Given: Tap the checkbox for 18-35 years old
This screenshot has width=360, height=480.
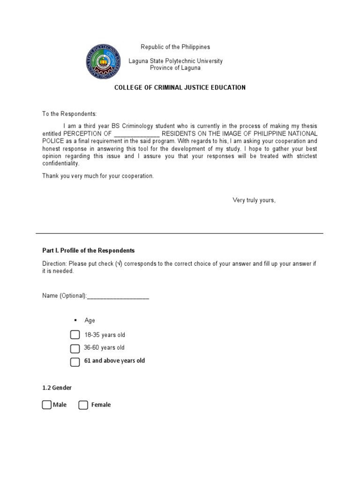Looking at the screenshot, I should [x=75, y=335].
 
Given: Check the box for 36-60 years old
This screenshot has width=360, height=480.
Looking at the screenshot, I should [x=75, y=348].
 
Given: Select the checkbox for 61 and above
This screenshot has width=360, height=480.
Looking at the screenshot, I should [x=75, y=361].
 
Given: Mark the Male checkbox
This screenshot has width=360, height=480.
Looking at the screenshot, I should [x=46, y=405].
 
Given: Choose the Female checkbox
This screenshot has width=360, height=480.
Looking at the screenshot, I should [x=83, y=405].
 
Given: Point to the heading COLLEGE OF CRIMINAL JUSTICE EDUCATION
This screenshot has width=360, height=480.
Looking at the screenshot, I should [x=180, y=88].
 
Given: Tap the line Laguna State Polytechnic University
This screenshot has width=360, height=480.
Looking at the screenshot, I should [x=176, y=61].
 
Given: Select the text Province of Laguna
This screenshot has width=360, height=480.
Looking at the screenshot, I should [x=175, y=68].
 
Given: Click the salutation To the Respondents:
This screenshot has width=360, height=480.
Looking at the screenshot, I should [x=69, y=114].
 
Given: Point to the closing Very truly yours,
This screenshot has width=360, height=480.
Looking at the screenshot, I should [x=254, y=201].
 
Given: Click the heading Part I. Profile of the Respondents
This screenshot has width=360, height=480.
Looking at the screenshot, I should [x=89, y=250].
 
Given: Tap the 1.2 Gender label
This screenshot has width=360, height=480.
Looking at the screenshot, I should [x=57, y=388].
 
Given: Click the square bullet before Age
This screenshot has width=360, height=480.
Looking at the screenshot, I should [x=75, y=320].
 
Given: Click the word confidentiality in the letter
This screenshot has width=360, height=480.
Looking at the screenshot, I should [x=61, y=164].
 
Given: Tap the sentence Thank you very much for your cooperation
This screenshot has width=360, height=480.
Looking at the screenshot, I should [x=98, y=176].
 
